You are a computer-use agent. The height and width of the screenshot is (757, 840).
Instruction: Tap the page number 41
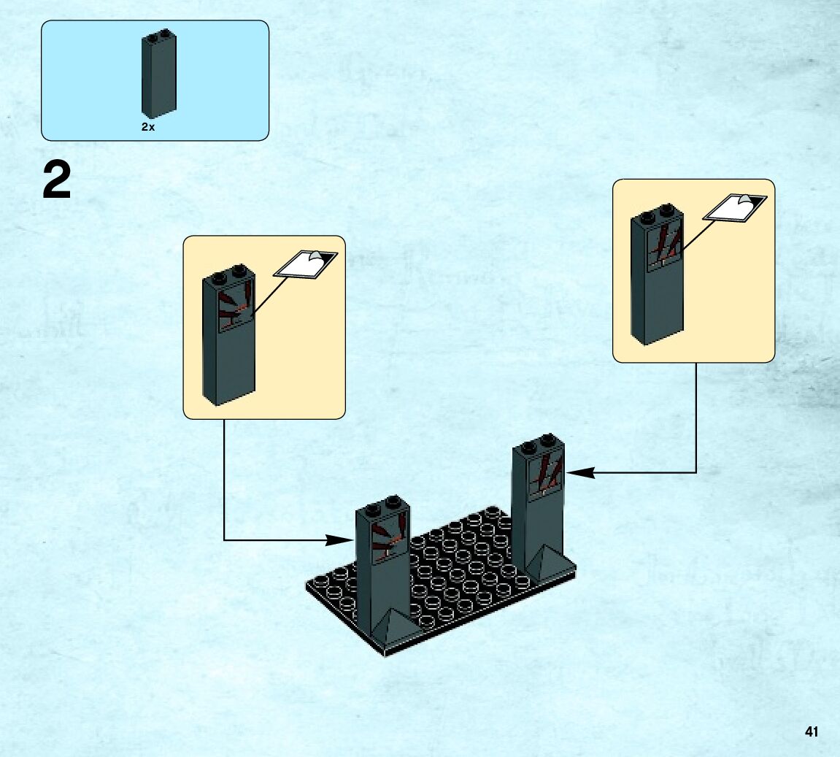tap(812, 731)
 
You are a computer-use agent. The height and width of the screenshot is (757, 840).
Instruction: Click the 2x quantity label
tap(148, 127)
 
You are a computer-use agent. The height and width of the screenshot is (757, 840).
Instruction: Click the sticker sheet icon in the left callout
tap(306, 264)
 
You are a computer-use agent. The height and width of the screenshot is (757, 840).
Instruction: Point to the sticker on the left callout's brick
tap(236, 307)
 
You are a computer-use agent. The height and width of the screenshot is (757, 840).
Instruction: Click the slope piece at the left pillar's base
tap(397, 627)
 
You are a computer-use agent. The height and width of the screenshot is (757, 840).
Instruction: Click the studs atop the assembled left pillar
tap(383, 505)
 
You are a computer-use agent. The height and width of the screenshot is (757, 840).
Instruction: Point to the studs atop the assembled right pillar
tap(539, 442)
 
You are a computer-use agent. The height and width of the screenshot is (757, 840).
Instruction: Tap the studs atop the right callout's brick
tap(657, 212)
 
